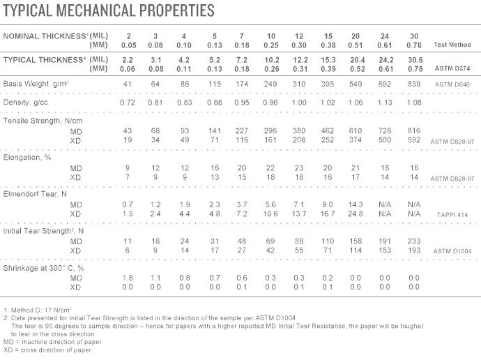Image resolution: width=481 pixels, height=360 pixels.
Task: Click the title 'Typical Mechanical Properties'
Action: coord(109,10)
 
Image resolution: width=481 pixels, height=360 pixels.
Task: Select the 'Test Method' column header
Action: coord(452,45)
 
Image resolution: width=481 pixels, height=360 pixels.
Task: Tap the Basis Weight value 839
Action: coord(414,84)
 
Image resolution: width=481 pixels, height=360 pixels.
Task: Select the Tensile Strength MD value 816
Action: coord(414,130)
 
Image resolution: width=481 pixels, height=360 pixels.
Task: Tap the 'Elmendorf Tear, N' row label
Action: coord(35,194)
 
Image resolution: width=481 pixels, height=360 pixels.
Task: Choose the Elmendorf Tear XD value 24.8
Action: coord(356,213)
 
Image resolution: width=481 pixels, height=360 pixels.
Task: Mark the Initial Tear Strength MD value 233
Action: coord(414,241)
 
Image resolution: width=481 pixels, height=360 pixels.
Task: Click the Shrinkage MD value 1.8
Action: coord(129,278)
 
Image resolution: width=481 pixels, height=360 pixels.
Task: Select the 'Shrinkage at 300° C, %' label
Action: coord(43,268)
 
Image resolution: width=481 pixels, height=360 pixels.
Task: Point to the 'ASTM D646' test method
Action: coord(453,84)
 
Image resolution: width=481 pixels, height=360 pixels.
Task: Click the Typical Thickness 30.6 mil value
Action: coord(414,59)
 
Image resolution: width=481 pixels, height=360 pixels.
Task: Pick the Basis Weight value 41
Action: coord(129,84)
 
